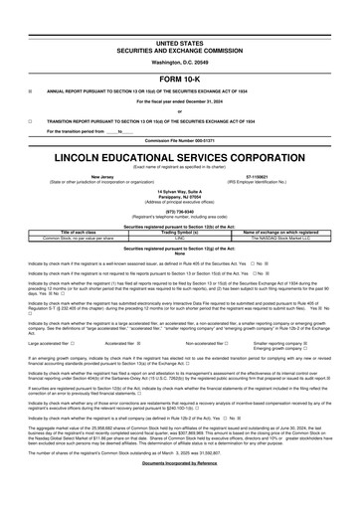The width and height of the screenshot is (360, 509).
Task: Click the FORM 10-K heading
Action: (179, 79)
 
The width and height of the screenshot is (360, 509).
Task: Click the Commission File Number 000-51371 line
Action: (179, 140)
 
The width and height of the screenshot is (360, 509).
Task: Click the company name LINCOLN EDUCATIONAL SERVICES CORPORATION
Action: (179, 158)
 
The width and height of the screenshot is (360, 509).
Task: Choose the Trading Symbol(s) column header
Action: (179, 234)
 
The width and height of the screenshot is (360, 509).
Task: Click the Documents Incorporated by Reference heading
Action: (179, 492)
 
